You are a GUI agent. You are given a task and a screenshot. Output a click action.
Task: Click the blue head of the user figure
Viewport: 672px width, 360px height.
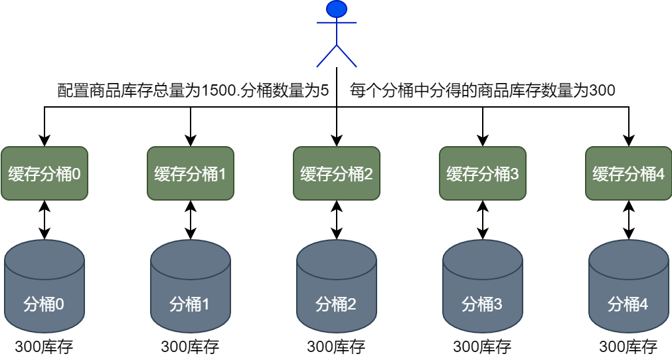337,9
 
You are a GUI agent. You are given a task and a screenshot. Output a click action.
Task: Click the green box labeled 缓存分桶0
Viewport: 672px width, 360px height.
44,173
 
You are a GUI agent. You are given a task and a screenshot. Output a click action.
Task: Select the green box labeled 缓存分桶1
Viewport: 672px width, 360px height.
191,173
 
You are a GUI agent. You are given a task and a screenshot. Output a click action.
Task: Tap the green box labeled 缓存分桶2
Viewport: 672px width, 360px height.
337,173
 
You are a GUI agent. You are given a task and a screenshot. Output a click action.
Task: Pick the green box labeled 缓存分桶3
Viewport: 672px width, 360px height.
483,173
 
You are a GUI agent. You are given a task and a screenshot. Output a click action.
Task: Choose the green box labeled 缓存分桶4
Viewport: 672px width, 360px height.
629,173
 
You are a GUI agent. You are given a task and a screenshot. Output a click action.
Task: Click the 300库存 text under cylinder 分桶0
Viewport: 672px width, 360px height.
44,347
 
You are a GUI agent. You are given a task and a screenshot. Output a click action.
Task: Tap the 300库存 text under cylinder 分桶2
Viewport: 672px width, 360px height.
336,347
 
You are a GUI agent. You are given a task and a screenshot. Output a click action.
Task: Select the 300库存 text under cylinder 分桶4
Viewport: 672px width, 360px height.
628,347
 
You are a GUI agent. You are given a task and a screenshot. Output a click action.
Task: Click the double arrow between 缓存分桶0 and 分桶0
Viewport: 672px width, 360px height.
44,220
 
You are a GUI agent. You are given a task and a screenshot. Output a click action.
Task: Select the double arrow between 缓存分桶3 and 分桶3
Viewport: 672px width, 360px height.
483,220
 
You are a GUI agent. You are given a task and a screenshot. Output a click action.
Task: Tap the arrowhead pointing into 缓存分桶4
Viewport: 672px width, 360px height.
629,140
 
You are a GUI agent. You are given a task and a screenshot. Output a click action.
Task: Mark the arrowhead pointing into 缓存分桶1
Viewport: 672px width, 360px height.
191,140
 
